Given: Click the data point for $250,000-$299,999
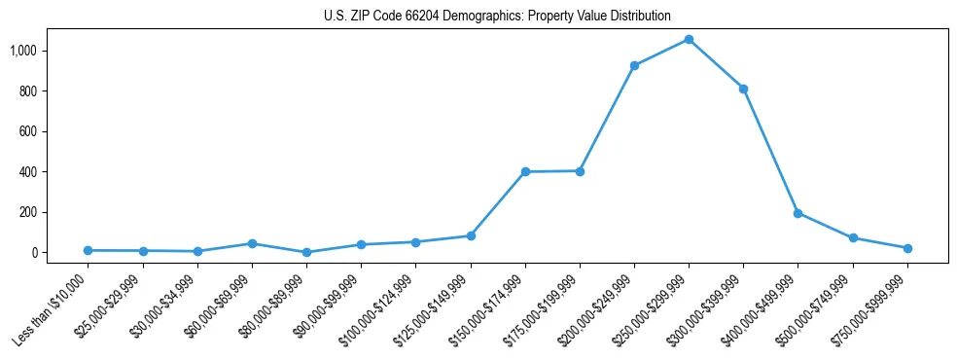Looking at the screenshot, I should click(689, 40).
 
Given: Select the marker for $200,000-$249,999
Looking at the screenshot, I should click(634, 66).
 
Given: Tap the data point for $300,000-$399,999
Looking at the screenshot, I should click(743, 89).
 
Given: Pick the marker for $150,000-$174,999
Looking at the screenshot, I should click(525, 172).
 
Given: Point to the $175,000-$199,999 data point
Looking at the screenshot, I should click(580, 171).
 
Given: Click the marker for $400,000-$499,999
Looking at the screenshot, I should click(797, 213).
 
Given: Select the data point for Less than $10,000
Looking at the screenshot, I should click(89, 250).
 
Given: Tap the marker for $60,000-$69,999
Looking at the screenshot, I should click(252, 243).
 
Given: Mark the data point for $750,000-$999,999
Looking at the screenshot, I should click(907, 248).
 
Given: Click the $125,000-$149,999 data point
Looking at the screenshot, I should click(471, 235).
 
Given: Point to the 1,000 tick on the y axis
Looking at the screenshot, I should click(22, 51).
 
